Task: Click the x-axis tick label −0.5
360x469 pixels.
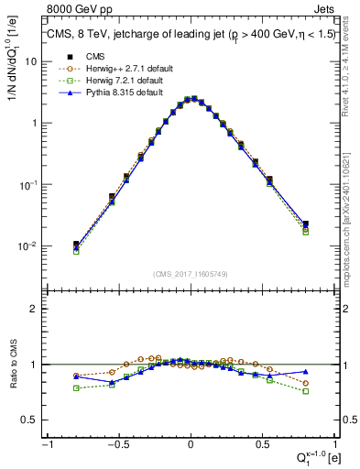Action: coord(118,442)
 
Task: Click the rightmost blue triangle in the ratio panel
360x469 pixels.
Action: coord(305,372)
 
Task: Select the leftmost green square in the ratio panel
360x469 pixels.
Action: coord(76,387)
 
